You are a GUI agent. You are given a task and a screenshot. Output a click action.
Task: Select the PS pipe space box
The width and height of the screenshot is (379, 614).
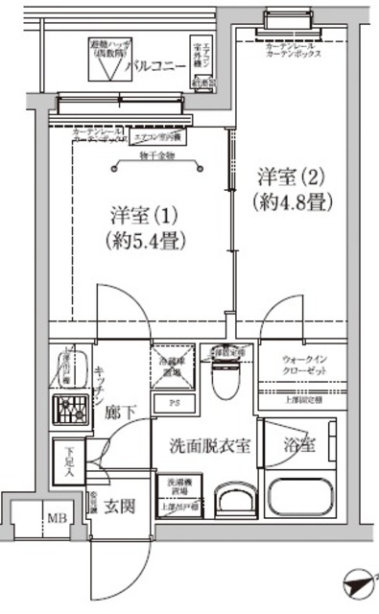(174, 404)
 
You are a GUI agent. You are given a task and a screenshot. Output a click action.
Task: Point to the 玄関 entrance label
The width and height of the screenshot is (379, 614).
(119, 506)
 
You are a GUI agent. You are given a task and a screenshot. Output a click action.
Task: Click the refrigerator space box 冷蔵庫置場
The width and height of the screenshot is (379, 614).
(175, 366)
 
